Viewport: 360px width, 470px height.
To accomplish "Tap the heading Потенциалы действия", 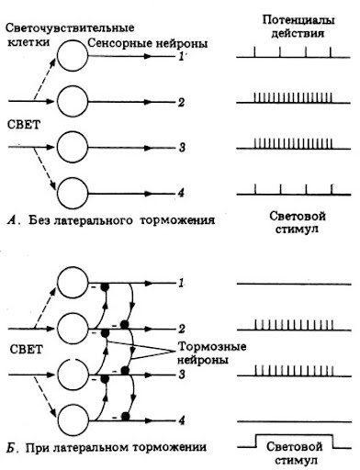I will tap(294, 25).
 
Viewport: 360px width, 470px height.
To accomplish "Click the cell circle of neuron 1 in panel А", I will tap(73, 58).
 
